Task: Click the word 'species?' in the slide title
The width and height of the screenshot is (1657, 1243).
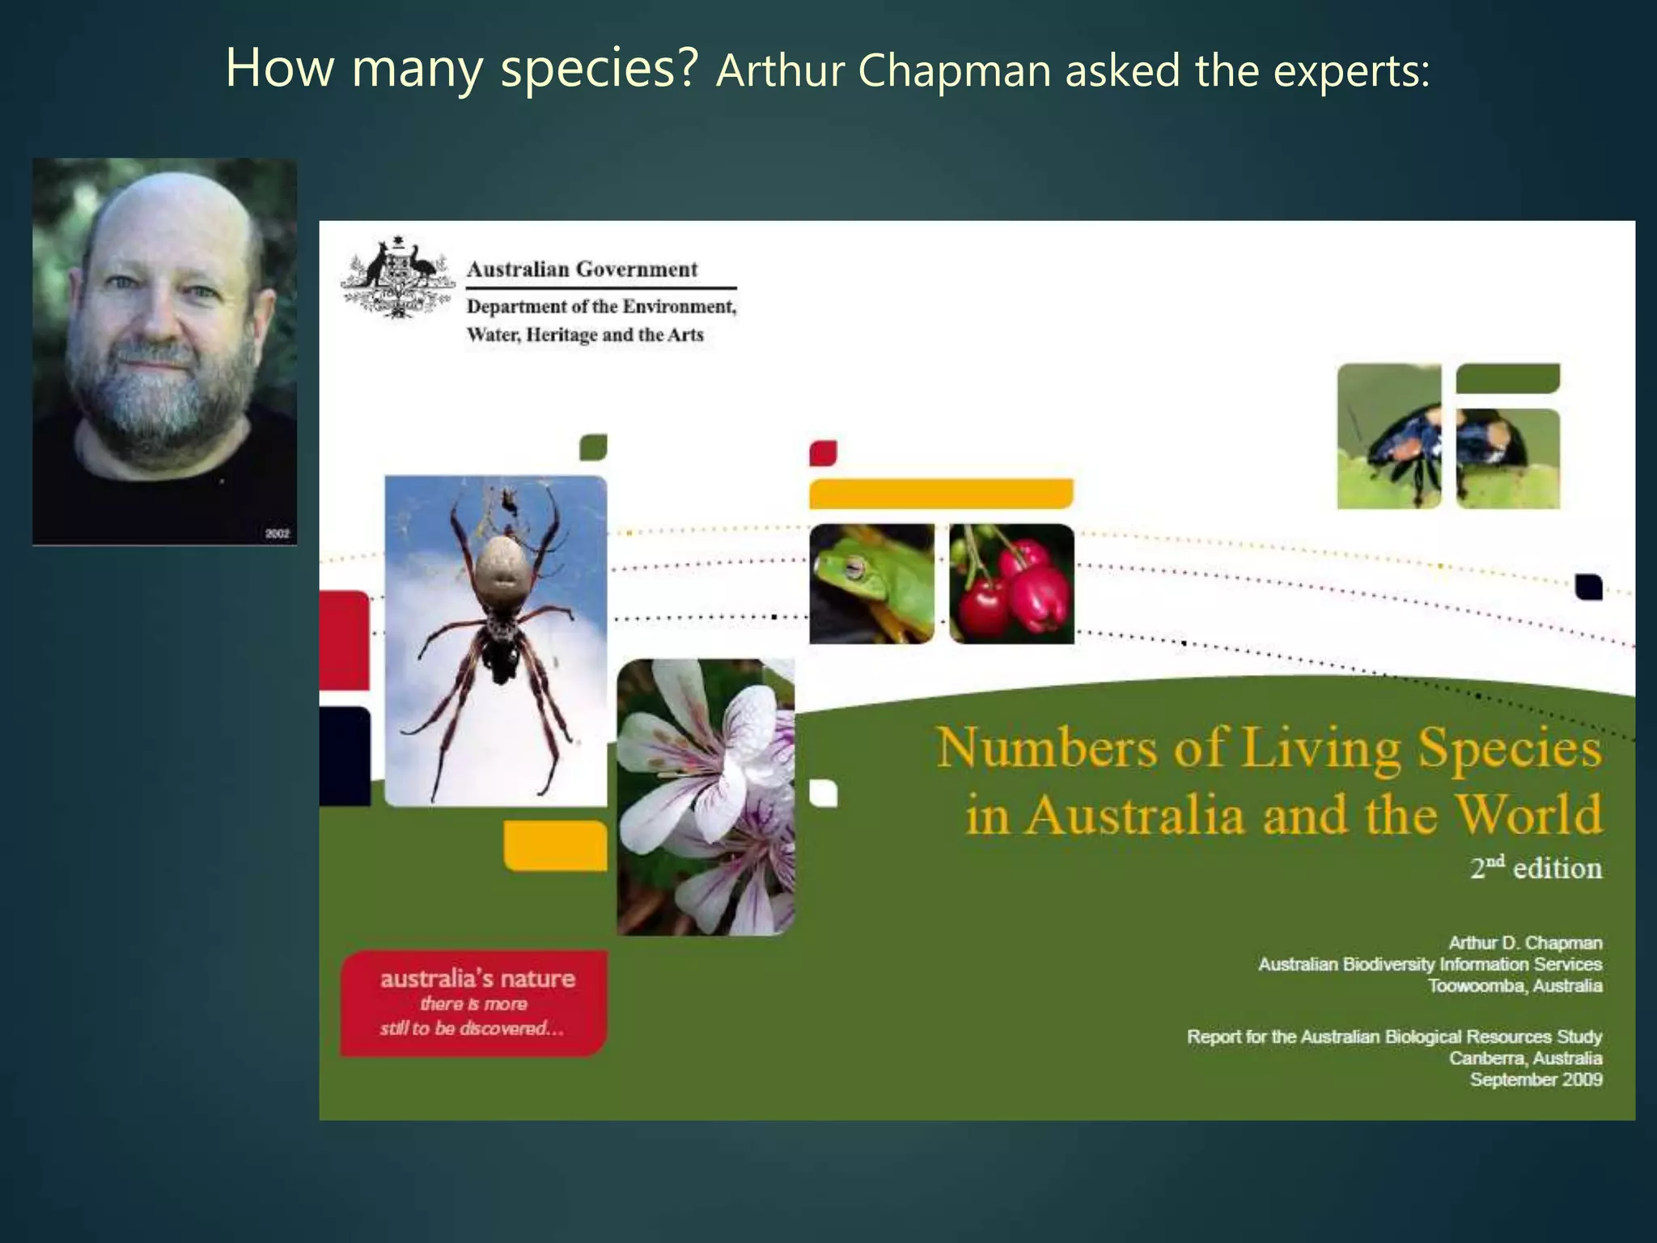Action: (599, 68)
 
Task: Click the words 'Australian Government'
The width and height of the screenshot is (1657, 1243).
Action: (582, 269)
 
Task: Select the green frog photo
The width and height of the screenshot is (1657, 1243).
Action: (871, 583)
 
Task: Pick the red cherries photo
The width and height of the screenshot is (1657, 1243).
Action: (1011, 583)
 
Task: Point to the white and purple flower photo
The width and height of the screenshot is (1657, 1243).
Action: (706, 797)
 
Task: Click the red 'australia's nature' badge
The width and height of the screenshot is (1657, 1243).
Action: (474, 1003)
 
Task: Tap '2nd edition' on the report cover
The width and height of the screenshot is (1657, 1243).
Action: (1536, 868)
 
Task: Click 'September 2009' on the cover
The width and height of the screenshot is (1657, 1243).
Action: (1536, 1080)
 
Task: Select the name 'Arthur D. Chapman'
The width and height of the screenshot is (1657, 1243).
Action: (1524, 943)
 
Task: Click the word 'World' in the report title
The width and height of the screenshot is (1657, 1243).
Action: (1528, 814)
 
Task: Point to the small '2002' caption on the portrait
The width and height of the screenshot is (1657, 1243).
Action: (277, 534)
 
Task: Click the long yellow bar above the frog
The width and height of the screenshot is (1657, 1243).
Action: (941, 494)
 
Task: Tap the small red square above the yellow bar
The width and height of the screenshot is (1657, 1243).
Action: (823, 453)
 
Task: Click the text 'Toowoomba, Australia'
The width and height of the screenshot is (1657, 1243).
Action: (1515, 986)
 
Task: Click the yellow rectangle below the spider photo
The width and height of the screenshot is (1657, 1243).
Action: (555, 846)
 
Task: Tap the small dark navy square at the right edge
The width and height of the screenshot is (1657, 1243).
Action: (1589, 587)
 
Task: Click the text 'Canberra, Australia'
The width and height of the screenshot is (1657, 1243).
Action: (1525, 1058)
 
